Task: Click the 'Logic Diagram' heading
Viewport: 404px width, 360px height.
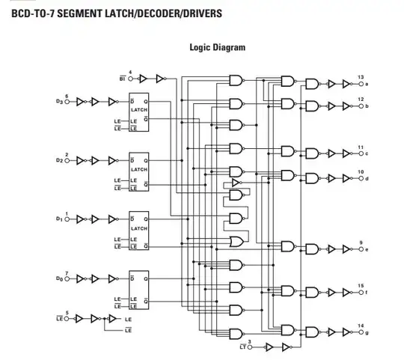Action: pos(217,47)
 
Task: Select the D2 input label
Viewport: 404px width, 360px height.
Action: pos(59,160)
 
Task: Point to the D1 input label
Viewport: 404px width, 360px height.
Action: pos(59,219)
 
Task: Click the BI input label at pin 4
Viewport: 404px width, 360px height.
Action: pos(123,77)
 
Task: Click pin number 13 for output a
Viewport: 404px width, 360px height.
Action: pos(361,78)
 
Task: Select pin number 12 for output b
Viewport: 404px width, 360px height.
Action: pos(361,100)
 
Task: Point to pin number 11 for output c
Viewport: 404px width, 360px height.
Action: pos(361,147)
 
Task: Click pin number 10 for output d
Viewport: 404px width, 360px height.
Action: pos(361,172)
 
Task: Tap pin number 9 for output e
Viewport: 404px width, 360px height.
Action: pos(361,242)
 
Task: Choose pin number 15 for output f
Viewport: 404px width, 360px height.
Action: pos(361,285)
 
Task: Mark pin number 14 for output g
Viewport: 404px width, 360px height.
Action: pos(361,325)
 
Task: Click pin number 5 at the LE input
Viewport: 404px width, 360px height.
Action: pos(67,312)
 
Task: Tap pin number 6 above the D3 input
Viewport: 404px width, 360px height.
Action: pos(67,96)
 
